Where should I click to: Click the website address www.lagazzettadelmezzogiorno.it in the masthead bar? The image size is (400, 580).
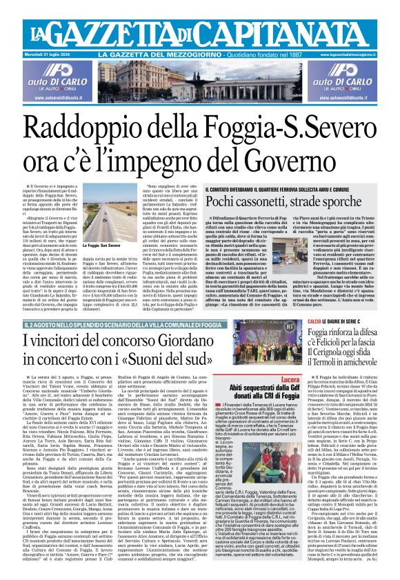[360, 54]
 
